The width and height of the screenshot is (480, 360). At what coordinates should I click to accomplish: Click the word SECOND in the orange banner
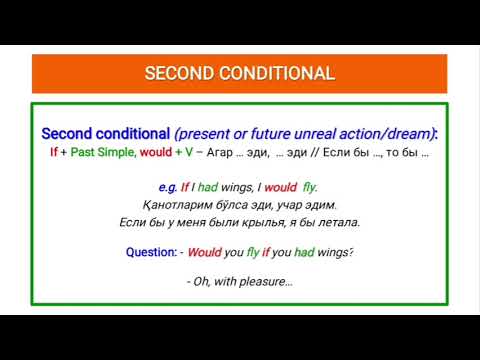coord(182,74)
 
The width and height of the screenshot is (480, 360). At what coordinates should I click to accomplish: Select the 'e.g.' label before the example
coord(167,187)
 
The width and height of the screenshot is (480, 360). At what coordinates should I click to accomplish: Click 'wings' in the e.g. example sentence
coord(236,187)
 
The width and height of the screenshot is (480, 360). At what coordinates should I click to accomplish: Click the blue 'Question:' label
coord(152,253)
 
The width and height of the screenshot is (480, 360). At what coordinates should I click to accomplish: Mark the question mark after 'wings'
coord(352,253)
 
